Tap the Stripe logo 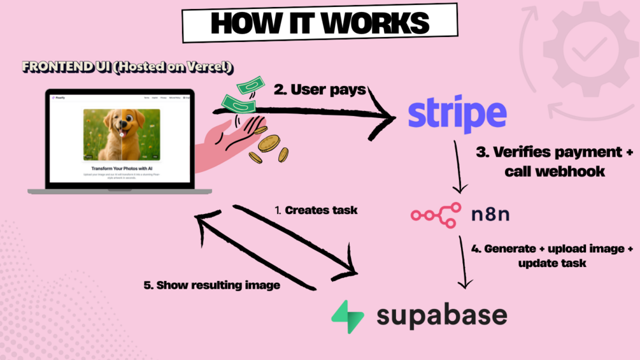(457, 115)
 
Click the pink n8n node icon (436, 215)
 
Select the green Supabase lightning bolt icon (348, 316)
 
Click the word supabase (441, 315)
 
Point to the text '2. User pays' (320, 90)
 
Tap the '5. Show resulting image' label (211, 285)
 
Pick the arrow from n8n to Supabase (463, 261)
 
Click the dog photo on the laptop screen (122, 134)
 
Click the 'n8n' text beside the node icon (490, 215)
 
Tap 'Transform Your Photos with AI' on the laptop (121, 169)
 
